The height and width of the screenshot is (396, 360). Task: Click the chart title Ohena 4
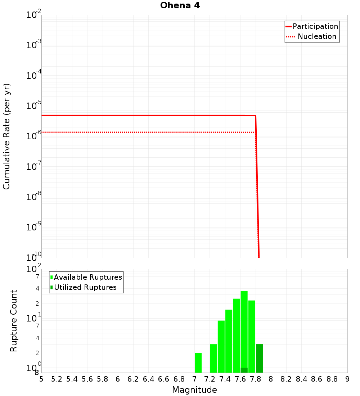[180, 6]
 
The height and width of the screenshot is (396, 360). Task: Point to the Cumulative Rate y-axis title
[6, 136]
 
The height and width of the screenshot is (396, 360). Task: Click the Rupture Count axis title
[14, 321]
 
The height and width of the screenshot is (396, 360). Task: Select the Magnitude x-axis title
[194, 390]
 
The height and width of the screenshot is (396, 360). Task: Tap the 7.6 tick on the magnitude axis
[240, 379]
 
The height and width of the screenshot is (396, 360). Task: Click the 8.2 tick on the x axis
[286, 379]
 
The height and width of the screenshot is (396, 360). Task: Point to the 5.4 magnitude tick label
[72, 379]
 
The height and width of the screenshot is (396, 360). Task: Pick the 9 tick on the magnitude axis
[347, 379]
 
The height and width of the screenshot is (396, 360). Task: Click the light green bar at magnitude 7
[198, 363]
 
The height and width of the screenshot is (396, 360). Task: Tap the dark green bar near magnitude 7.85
[259, 358]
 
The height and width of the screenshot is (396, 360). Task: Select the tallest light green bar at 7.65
[244, 329]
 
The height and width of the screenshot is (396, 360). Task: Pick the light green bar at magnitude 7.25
[213, 358]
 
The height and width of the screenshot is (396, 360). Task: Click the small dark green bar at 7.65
[244, 370]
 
